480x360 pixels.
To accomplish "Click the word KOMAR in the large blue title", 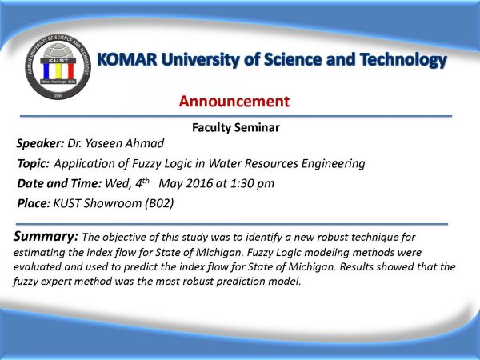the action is tap(127, 59).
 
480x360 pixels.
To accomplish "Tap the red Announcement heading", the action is tap(234, 102).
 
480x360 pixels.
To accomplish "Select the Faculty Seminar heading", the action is tap(236, 128).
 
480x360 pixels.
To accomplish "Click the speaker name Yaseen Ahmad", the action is tap(125, 143).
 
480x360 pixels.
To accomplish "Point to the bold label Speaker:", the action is tap(40, 143).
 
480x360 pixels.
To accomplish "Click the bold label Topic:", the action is tap(33, 163).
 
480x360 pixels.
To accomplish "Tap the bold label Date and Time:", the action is tap(59, 183).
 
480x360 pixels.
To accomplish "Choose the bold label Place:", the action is tap(34, 203).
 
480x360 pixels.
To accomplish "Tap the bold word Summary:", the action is tap(46, 236).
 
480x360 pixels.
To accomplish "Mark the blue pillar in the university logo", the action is tap(46, 70).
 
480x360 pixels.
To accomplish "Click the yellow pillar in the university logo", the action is tap(58, 70).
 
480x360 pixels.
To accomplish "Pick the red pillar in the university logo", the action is tap(70, 70).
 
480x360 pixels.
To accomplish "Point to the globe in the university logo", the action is tap(58, 50).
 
